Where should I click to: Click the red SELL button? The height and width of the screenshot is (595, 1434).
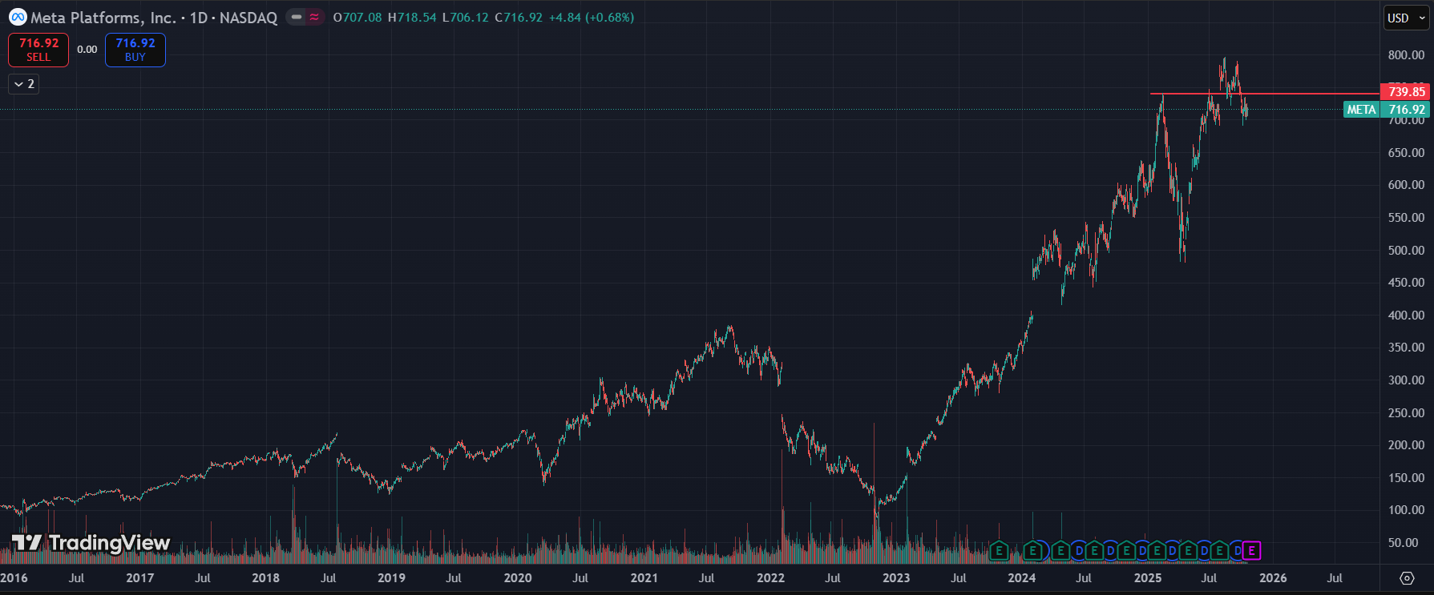pyautogui.click(x=38, y=50)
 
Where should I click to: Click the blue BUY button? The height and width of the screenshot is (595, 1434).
pyautogui.click(x=135, y=50)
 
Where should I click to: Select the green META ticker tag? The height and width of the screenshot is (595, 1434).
pyautogui.click(x=1361, y=110)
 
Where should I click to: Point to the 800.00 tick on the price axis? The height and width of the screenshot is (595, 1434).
pyautogui.click(x=1406, y=55)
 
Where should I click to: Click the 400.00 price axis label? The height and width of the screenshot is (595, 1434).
pyautogui.click(x=1406, y=316)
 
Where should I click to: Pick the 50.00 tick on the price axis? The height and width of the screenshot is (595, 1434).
pyautogui.click(x=1408, y=543)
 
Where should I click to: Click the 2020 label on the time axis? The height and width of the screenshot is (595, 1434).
pyautogui.click(x=518, y=578)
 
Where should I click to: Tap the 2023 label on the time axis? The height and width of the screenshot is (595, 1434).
pyautogui.click(x=896, y=578)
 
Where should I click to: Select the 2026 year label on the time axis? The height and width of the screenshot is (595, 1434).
pyautogui.click(x=1273, y=578)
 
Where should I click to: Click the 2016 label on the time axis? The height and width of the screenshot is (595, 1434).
pyautogui.click(x=14, y=578)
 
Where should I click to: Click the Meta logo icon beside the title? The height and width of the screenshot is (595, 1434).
pyautogui.click(x=17, y=18)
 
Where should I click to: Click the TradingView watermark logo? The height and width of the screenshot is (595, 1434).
pyautogui.click(x=91, y=543)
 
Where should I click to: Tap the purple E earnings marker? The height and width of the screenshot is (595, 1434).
pyautogui.click(x=1251, y=551)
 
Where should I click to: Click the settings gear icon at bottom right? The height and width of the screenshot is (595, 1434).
pyautogui.click(x=1407, y=578)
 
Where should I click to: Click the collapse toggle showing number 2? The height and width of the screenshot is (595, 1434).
pyautogui.click(x=24, y=84)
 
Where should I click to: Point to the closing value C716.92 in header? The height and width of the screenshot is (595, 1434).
pyautogui.click(x=519, y=18)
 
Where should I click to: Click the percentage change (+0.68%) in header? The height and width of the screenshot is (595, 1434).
pyautogui.click(x=610, y=18)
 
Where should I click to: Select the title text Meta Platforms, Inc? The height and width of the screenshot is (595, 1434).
pyautogui.click(x=103, y=18)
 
